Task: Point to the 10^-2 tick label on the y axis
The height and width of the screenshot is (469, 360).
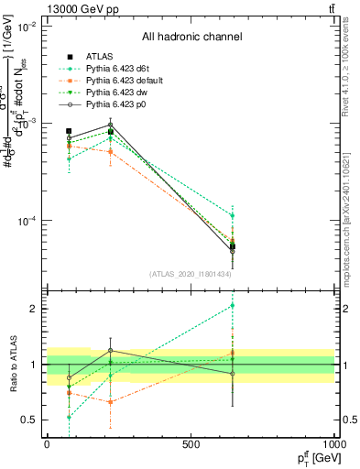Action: point(27,27)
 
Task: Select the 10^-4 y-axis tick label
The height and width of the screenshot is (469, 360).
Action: point(27,221)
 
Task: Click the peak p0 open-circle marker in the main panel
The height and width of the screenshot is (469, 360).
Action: point(111,125)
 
